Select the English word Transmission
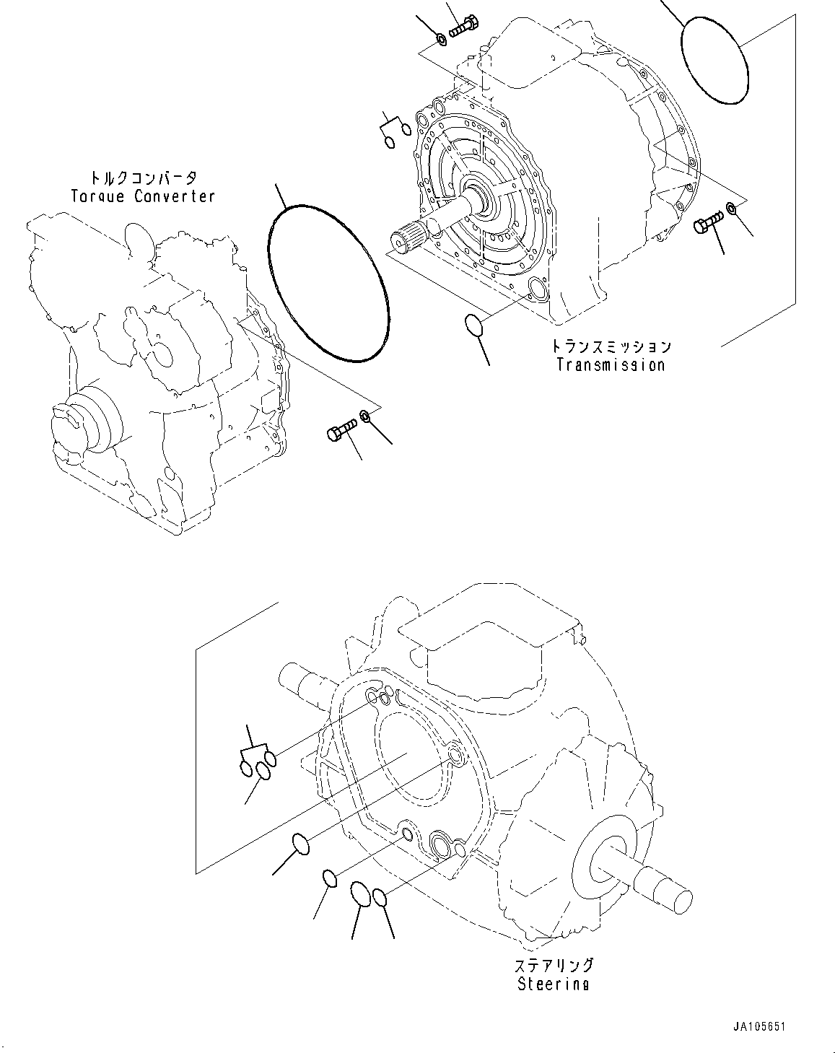tap(611, 364)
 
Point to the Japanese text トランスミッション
tap(611, 346)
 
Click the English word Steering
tap(553, 984)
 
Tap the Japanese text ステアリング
tap(554, 966)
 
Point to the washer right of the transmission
tap(731, 209)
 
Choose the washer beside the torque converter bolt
tap(366, 416)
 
